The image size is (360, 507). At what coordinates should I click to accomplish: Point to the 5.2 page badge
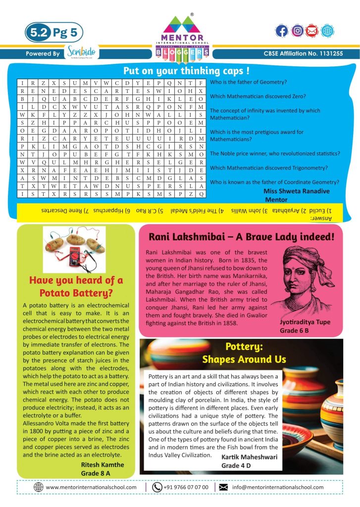coord(39,33)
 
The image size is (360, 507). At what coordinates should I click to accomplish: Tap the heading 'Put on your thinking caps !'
coord(186,70)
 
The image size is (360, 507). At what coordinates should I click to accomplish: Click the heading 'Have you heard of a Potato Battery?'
coord(76,287)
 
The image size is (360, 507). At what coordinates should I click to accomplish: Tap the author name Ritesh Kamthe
coord(102,464)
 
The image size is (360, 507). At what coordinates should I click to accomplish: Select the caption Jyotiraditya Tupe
coord(305,322)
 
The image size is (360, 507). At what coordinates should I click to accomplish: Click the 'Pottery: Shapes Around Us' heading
coord(241,353)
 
